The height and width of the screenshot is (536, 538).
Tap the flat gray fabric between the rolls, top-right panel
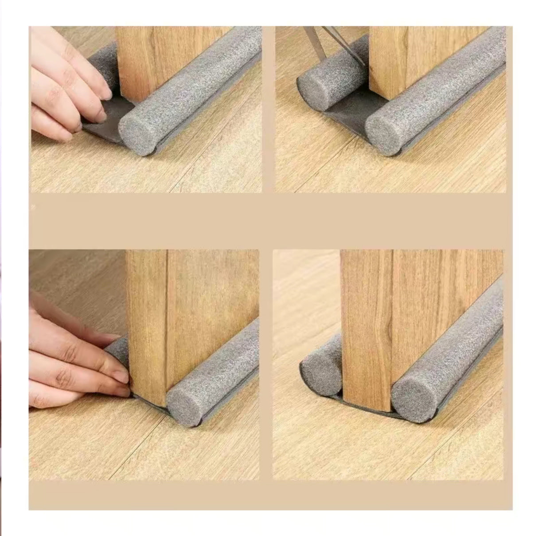[350, 111]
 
